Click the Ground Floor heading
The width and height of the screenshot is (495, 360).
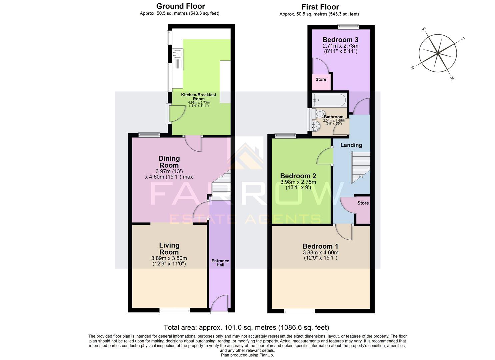point(180,6)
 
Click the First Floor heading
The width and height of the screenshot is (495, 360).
point(320,7)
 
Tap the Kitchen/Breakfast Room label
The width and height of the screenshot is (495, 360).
point(198,97)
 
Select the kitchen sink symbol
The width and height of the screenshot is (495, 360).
point(177,53)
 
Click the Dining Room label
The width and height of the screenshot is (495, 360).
point(169,162)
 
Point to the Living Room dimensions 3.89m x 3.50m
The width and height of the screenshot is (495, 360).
point(169,258)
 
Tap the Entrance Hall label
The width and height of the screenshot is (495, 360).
point(220,263)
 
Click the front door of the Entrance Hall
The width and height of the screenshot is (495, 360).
point(219,304)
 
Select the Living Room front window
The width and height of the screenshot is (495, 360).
point(175,311)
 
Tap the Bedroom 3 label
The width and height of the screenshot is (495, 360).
point(340,40)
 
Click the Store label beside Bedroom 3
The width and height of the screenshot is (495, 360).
point(321,80)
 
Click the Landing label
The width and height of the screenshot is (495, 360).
point(351,145)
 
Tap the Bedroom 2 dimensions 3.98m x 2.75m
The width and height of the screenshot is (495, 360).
point(298,182)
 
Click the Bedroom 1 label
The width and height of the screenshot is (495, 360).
point(320,246)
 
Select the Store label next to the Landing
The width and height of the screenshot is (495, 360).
point(363,203)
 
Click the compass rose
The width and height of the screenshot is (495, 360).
point(437,53)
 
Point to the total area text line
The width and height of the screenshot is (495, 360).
point(246,327)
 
